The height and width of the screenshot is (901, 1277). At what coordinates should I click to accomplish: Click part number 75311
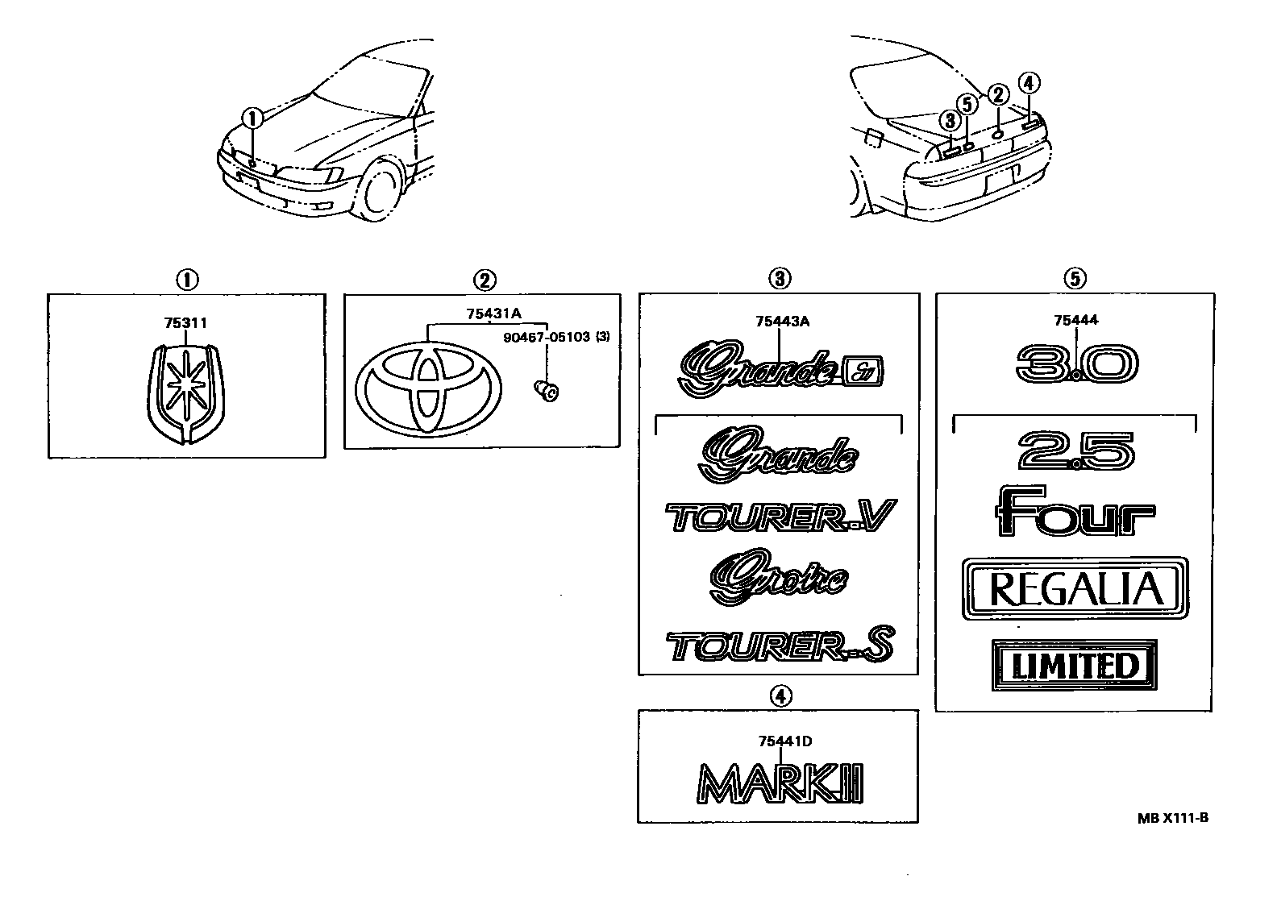coord(185,323)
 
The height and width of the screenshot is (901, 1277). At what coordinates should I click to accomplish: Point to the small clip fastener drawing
coord(547,391)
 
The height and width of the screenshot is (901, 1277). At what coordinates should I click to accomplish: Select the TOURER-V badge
coord(780,517)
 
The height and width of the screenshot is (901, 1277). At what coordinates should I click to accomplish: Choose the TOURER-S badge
coord(780,646)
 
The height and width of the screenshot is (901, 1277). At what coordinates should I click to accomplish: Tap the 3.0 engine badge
coord(1076,365)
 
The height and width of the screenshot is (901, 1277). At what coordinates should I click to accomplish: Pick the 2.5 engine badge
coord(1076,451)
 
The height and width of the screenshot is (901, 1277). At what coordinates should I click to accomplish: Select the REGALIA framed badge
coord(1075,588)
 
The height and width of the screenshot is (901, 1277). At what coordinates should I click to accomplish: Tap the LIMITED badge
coord(1075,665)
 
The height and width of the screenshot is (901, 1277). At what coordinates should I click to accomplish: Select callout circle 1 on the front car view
coord(253,118)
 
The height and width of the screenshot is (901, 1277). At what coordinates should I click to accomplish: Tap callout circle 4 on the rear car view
coord(1030,82)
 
